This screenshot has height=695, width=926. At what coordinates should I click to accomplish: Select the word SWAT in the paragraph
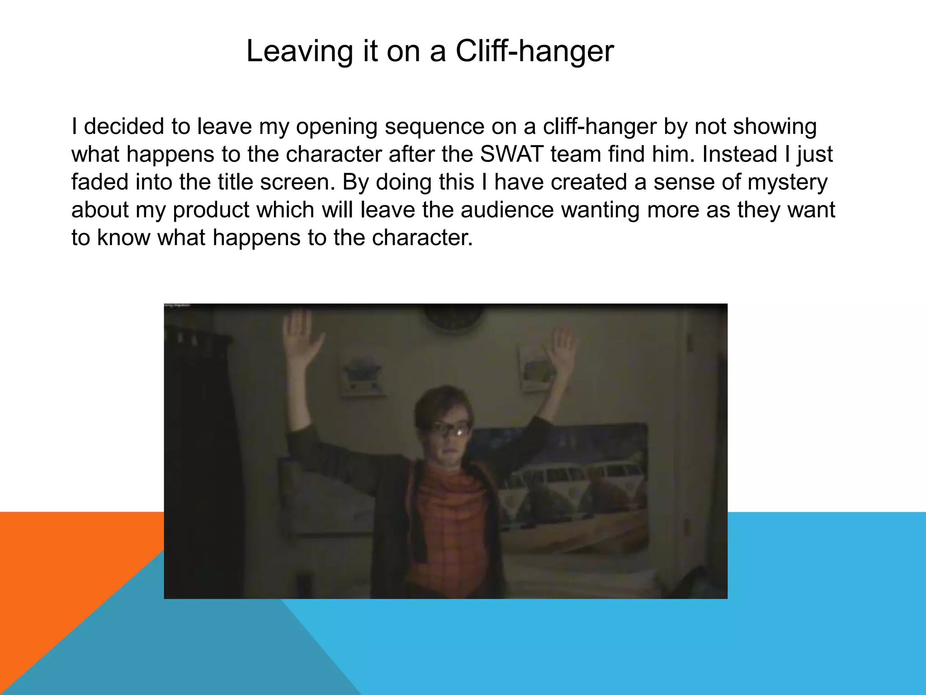tap(511, 154)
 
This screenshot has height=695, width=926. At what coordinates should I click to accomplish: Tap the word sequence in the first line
tap(435, 127)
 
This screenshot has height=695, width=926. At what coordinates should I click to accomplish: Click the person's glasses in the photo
tap(450, 429)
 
